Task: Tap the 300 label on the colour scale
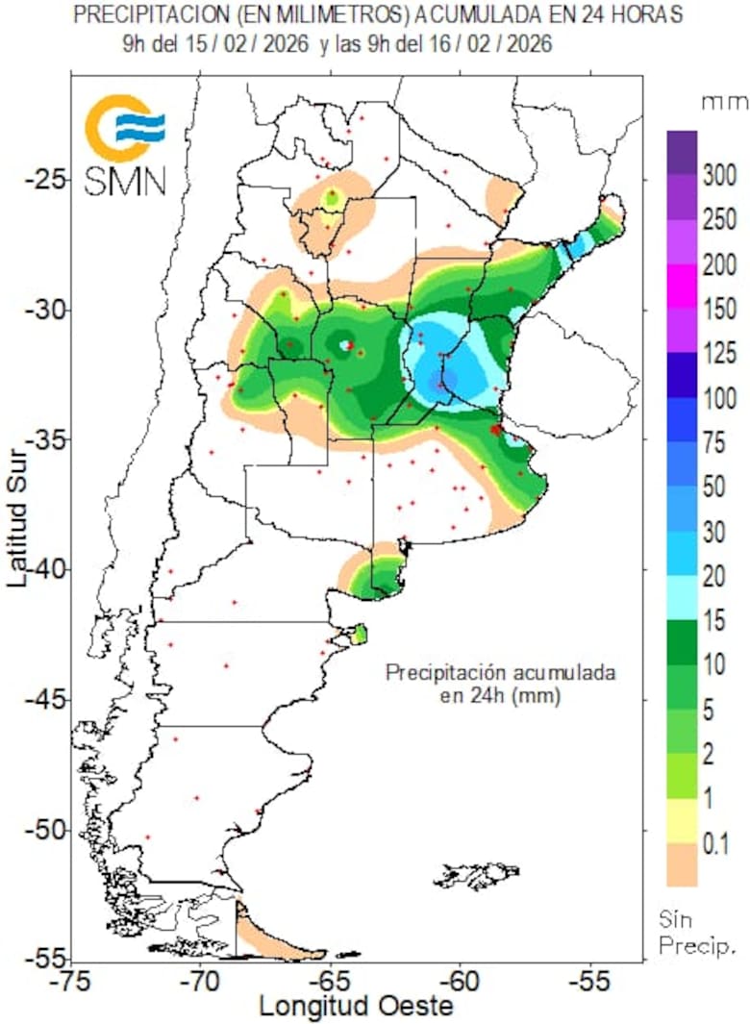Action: [719, 175]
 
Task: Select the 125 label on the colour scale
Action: [719, 355]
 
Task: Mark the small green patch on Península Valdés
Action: [360, 633]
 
